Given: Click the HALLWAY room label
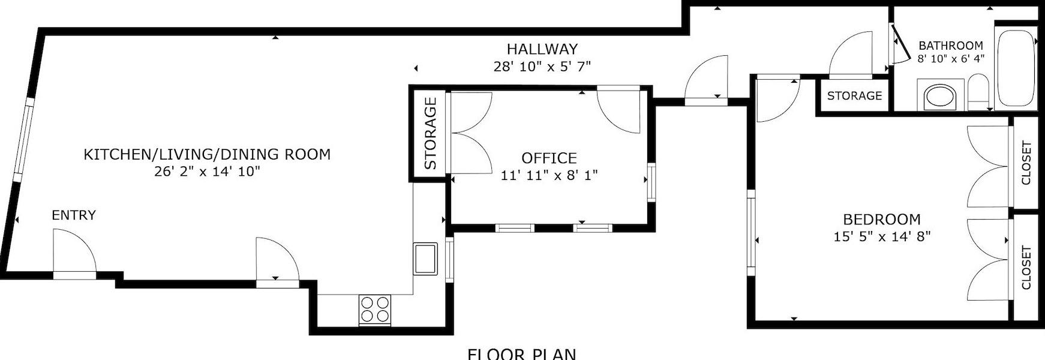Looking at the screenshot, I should coord(542,49).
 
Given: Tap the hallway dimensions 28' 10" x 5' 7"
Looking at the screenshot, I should coord(542,67).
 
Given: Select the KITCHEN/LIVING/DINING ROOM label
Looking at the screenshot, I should coord(206,154).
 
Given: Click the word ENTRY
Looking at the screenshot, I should coord(74,215).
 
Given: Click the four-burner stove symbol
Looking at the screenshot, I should coord(375,310).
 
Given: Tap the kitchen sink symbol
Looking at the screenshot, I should coord(425,258).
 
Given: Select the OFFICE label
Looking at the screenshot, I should coord(549,158).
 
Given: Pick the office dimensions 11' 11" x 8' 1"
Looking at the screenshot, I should coord(549,176).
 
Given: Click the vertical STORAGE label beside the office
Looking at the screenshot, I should coord(430,133).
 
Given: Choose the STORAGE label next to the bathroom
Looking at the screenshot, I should coord(854,96).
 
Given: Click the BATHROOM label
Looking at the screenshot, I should coord(951,46).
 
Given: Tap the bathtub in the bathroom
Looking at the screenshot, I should coord(1016,67).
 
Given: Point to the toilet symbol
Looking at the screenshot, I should coord(978,93).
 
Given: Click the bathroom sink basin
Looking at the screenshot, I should coord(940,97).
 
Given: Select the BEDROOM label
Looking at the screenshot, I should coord(881,220).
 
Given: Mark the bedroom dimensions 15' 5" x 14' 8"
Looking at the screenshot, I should coord(881,237).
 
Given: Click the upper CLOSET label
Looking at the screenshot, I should coord(1026,163).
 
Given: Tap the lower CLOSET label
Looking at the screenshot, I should coord(1026,268).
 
